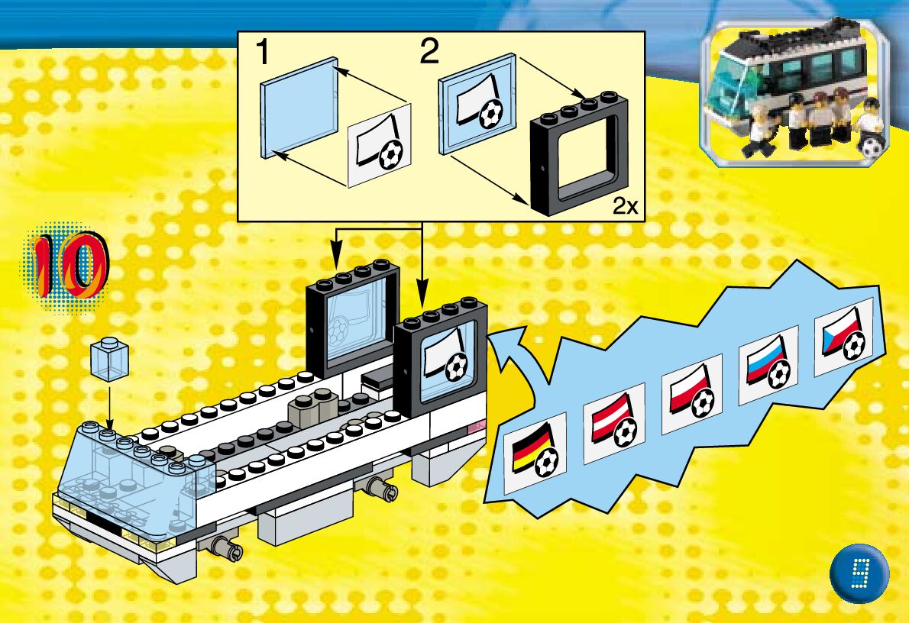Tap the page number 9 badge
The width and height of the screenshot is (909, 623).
pyautogui.click(x=859, y=573)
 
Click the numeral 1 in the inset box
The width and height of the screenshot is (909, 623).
pyautogui.click(x=262, y=53)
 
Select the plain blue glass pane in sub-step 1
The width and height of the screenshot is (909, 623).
pyautogui.click(x=298, y=107)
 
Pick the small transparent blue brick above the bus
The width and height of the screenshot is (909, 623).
pyautogui.click(x=108, y=360)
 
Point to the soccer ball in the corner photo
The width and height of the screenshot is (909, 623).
pyautogui.click(x=872, y=147)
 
